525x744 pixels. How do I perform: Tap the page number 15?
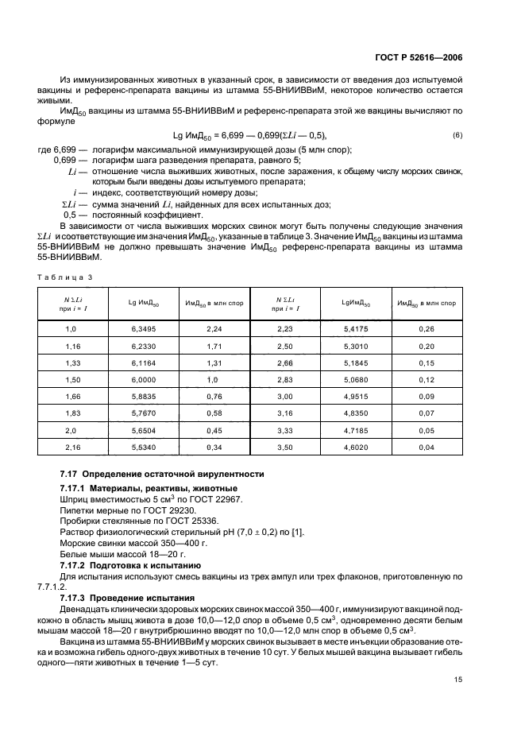pyautogui.click(x=458, y=657)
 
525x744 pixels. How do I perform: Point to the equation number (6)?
pyautogui.click(x=457, y=134)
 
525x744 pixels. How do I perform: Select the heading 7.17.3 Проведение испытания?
pyautogui.click(x=122, y=596)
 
